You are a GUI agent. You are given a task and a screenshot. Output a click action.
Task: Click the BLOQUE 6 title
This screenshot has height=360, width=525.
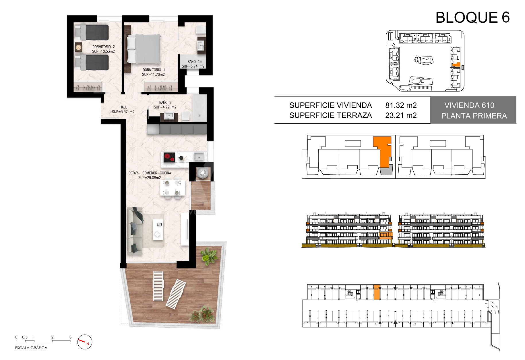(x=472, y=17)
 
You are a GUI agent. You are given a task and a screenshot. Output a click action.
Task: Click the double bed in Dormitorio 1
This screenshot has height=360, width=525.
(x=144, y=49)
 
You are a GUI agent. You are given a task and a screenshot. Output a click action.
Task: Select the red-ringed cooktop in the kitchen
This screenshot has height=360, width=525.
(x=169, y=157)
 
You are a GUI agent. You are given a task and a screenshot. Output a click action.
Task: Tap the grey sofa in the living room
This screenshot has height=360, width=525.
(x=135, y=231)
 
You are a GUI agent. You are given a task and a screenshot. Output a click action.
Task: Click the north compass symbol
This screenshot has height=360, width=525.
(x=85, y=342)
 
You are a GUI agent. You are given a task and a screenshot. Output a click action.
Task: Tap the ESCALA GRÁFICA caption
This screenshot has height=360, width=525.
(x=31, y=348)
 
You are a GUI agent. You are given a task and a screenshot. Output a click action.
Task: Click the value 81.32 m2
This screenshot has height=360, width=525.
(x=401, y=105)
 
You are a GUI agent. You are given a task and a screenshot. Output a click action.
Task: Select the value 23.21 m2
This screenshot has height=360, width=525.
(x=401, y=115)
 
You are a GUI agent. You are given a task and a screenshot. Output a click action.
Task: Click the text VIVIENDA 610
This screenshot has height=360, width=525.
(x=469, y=105)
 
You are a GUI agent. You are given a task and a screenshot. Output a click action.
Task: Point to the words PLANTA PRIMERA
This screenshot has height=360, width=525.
(x=474, y=116)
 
